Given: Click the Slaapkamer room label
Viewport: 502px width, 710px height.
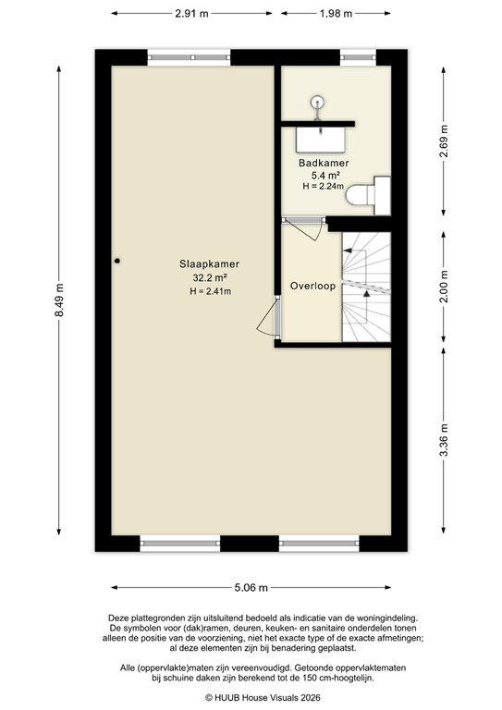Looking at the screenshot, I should tap(210, 263).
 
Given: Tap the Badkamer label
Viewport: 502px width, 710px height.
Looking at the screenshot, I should tap(323, 163).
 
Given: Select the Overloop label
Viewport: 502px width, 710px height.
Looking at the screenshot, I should tap(312, 287).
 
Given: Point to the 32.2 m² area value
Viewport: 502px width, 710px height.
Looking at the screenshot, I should tap(210, 277).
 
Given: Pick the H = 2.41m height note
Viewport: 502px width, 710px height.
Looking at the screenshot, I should tap(210, 291).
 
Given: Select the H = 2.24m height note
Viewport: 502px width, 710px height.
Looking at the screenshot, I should tap(323, 186).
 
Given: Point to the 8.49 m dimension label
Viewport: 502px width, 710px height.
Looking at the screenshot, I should tap(61, 299).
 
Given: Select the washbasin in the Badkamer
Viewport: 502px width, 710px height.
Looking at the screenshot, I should tap(321, 138).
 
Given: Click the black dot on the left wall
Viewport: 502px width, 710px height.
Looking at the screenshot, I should tap(117, 261).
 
